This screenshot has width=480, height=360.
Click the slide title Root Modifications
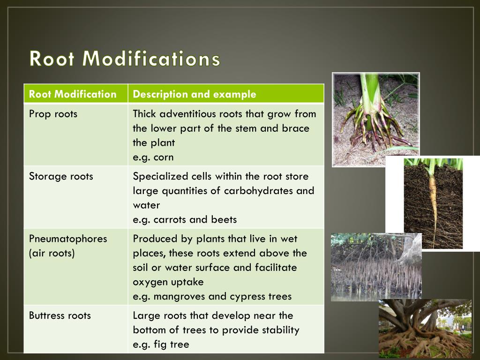point(125,59)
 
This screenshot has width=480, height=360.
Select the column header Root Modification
point(72,94)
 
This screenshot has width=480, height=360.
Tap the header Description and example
point(194,94)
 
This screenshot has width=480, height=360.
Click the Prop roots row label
point(53,114)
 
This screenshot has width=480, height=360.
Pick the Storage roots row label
point(61,176)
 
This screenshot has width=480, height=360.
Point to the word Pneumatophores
point(67,239)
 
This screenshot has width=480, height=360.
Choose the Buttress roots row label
point(60,315)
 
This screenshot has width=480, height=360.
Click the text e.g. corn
point(153,157)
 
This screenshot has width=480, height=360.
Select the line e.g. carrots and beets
point(185,219)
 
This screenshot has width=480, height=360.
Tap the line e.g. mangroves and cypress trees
point(212,296)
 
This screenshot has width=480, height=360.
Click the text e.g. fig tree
point(161,345)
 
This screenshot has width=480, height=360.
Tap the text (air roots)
point(52,253)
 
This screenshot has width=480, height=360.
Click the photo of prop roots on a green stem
point(375,120)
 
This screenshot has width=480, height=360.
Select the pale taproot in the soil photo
point(433,202)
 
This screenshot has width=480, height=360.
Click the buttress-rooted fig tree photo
point(424,328)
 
